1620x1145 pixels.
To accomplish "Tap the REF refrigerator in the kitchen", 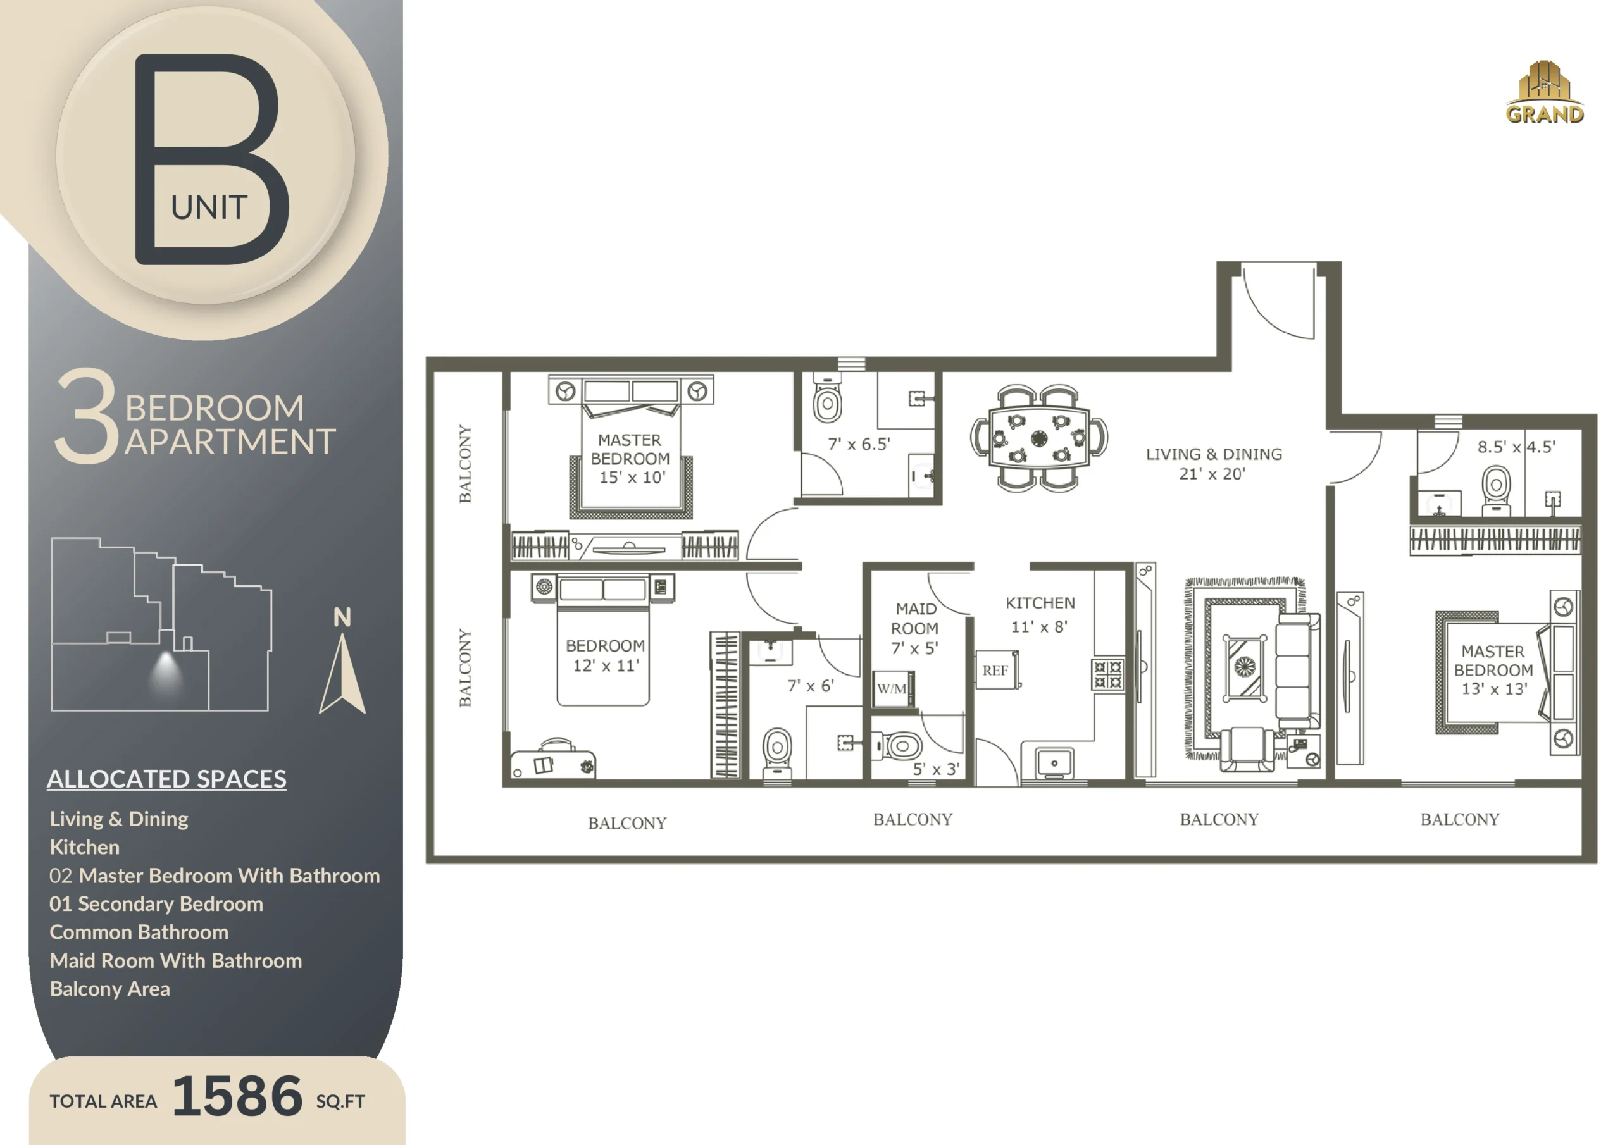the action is pyautogui.click(x=996, y=669).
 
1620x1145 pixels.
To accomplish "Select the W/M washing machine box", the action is pyautogui.click(x=892, y=688).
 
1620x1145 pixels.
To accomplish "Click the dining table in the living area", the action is pyautogui.click(x=1038, y=437).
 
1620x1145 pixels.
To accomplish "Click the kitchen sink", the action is pyautogui.click(x=1054, y=764).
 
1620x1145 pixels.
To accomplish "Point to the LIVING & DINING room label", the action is pyautogui.click(x=1214, y=454).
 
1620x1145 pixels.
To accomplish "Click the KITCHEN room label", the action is pyautogui.click(x=1040, y=603).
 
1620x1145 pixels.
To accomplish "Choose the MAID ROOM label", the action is pyautogui.click(x=915, y=618).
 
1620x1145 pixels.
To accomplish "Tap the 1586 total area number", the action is pyautogui.click(x=237, y=1096).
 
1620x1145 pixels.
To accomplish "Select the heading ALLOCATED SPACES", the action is pyautogui.click(x=166, y=779).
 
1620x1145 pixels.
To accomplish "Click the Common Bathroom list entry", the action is pyautogui.click(x=139, y=932).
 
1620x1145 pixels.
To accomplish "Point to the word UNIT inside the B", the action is pyautogui.click(x=209, y=207).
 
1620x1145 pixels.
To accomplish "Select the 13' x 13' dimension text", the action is pyautogui.click(x=1493, y=688).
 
